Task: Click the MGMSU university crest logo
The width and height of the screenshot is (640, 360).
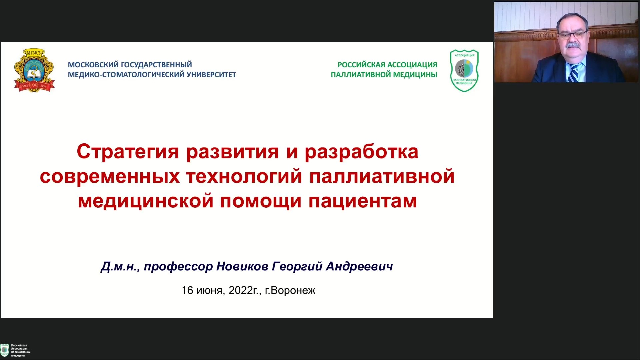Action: (34, 70)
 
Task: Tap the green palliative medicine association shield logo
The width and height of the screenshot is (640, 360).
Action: (464, 70)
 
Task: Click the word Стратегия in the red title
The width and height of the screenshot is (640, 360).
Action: (128, 152)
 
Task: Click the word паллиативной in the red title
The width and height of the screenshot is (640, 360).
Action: (382, 176)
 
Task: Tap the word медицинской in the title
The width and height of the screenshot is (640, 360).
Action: (146, 202)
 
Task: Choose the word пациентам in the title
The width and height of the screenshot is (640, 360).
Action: (363, 202)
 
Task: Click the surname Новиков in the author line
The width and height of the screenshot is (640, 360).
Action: (242, 266)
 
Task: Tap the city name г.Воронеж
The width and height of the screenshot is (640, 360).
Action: (290, 291)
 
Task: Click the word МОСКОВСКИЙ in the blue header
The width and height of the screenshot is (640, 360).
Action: (93, 65)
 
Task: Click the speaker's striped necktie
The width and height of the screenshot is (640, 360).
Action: (573, 73)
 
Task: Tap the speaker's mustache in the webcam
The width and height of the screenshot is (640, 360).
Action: (572, 45)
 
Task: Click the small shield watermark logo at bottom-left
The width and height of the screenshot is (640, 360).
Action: (5, 350)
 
